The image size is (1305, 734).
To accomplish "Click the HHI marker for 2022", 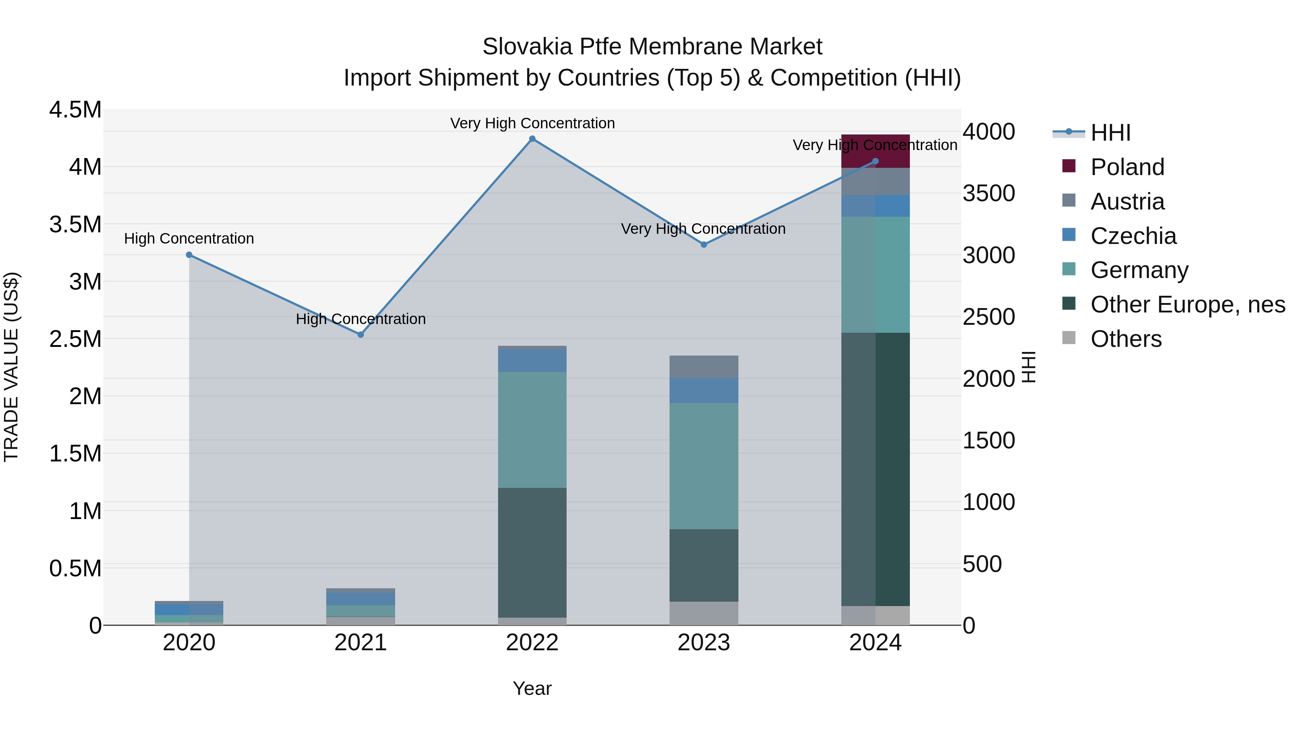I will (532, 139).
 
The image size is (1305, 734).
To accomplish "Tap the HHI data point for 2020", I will (189, 255).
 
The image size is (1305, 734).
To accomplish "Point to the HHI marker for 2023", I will (704, 245).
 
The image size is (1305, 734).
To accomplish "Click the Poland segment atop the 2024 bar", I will (875, 151).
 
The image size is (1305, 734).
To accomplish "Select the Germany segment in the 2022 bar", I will (532, 430).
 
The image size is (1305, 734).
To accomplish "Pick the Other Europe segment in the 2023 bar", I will (704, 565).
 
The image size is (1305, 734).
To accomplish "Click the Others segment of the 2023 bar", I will (704, 613).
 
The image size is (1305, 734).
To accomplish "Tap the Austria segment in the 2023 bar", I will (704, 367).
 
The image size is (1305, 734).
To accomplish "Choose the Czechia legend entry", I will (1133, 236).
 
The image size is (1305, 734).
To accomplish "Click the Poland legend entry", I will (1127, 167).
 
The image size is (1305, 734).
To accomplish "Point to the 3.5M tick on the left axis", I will (75, 224).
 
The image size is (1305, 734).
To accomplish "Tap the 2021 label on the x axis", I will (361, 643).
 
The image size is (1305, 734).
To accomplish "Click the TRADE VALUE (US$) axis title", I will (12, 367).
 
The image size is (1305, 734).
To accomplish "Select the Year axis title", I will (532, 688).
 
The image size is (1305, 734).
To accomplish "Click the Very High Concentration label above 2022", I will (532, 123).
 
